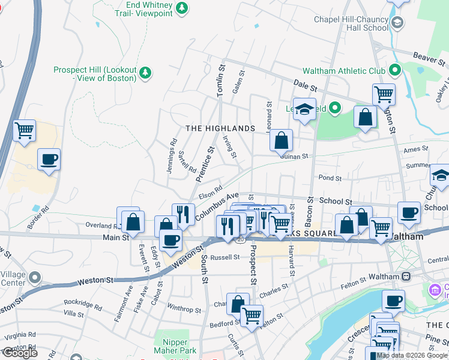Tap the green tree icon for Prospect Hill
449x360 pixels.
coord(145,73)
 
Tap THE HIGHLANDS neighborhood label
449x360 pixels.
coord(220,128)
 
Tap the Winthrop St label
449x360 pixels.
coord(184,310)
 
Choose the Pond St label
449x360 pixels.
coord(330,178)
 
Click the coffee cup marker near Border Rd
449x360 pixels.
coord(49,160)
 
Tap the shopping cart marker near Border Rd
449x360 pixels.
coord(25,130)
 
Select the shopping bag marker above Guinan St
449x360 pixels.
coord(281,141)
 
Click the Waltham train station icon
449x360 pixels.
coord(406,277)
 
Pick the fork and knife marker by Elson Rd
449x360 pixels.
coord(183,214)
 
